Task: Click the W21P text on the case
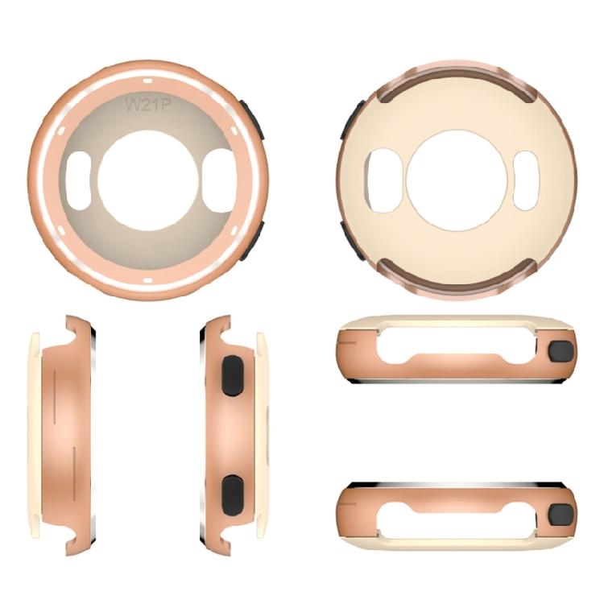[x=147, y=104]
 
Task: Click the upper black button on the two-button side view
[x=232, y=375]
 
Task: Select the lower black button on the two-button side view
[x=232, y=493]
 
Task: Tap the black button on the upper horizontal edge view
[x=561, y=351]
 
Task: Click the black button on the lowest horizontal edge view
[x=561, y=514]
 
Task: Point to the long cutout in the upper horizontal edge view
[x=455, y=343]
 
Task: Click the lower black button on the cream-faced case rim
[x=350, y=240]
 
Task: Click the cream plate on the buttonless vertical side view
[x=34, y=435]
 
